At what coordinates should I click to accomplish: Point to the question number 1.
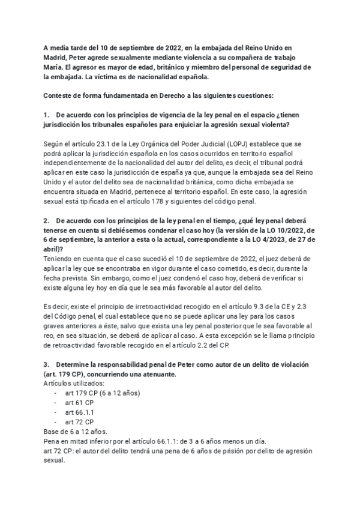point(46,115)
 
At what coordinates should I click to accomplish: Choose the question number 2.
point(46,221)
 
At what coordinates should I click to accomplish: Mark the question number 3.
point(46,366)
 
